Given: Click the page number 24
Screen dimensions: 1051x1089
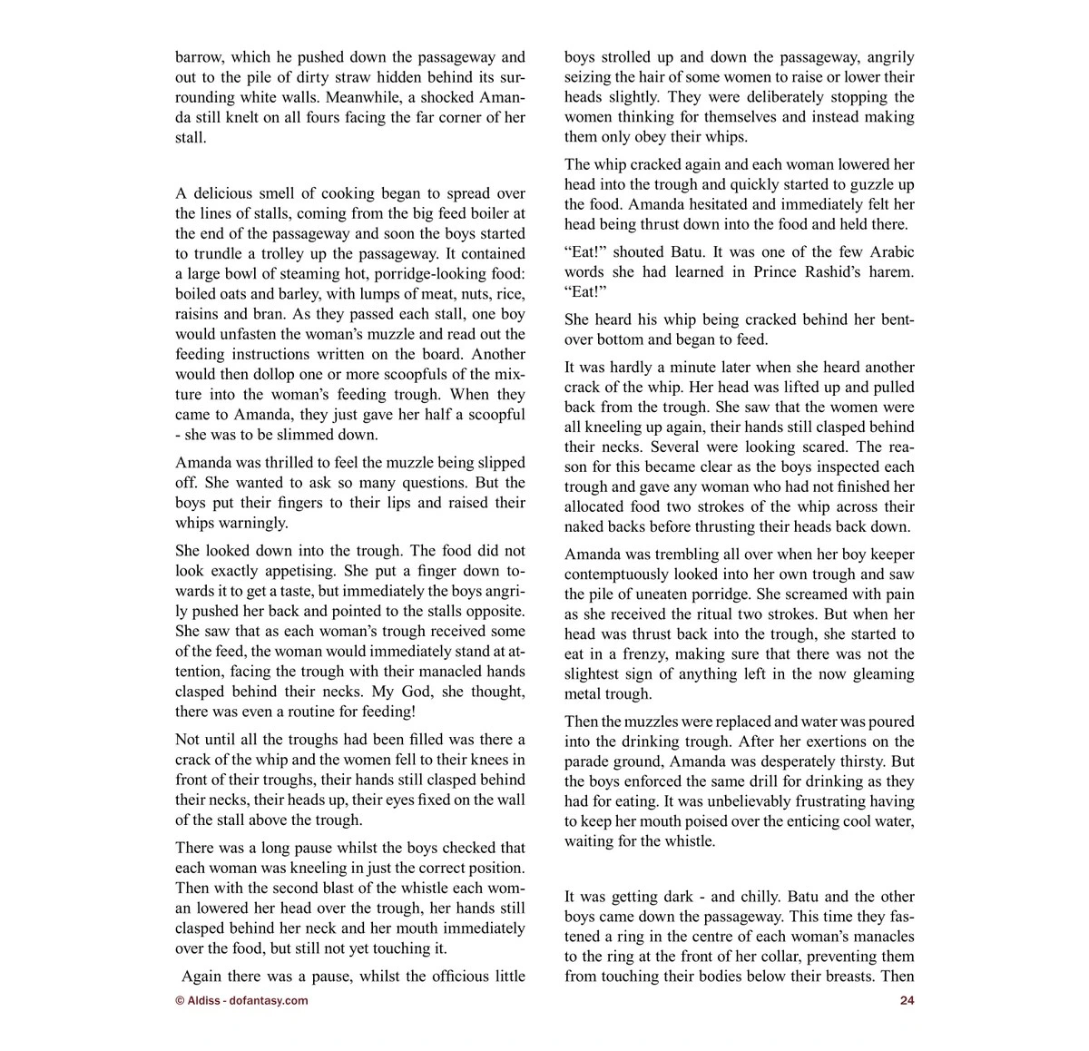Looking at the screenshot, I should click(907, 1001).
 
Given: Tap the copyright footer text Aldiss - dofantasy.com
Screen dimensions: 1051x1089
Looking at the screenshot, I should click(241, 1001).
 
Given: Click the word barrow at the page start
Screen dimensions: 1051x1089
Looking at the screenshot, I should click(198, 57).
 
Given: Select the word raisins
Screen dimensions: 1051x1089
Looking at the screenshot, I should click(198, 313).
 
